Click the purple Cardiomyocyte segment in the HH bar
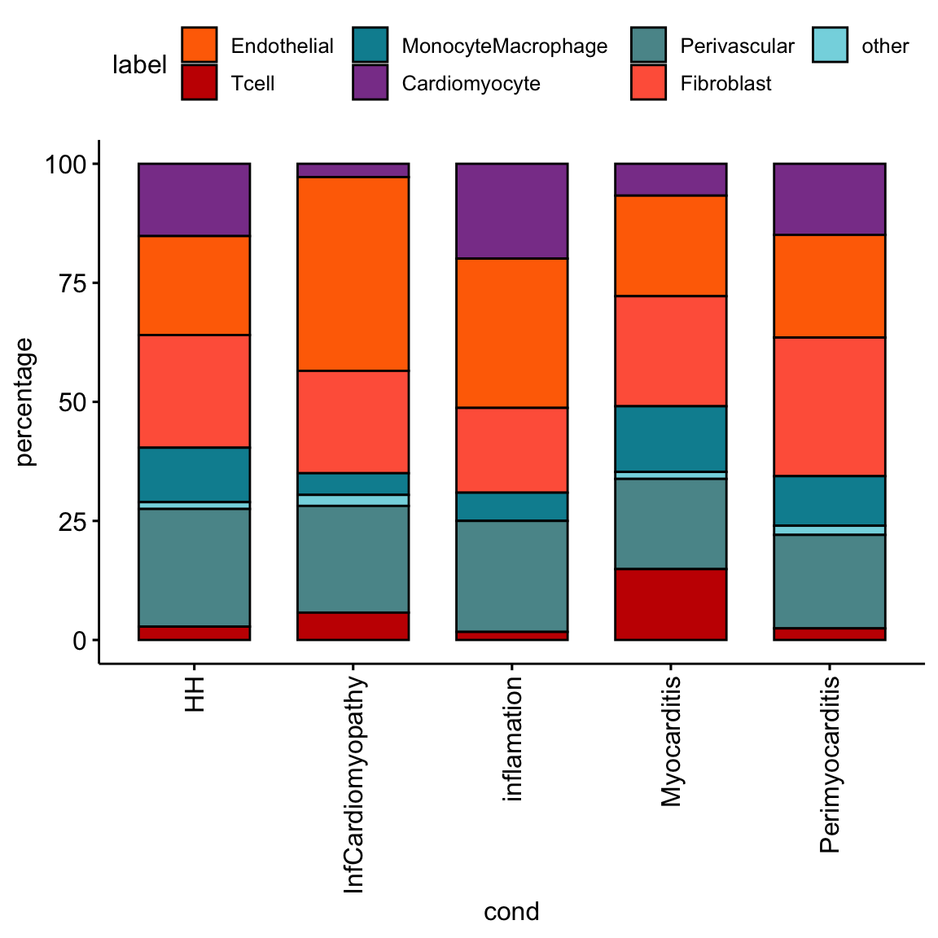tap(194, 199)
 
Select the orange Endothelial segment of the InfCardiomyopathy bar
tap(353, 274)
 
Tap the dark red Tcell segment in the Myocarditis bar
tap(670, 604)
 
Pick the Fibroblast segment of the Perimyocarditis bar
tap(829, 406)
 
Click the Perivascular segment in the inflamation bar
tap(511, 576)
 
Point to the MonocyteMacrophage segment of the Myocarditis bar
tap(670, 438)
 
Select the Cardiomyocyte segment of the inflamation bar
tap(511, 211)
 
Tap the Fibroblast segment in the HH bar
tap(194, 391)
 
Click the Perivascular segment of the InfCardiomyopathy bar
tap(353, 559)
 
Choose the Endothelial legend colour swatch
tap(199, 46)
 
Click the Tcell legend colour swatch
tap(199, 83)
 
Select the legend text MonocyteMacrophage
tap(504, 46)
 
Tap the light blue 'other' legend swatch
tap(831, 46)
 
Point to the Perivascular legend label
tap(737, 46)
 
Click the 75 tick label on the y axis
tap(72, 283)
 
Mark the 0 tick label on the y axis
tap(79, 641)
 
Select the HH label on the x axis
tap(195, 693)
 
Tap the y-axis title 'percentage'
tap(25, 401)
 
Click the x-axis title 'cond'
tap(511, 911)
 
